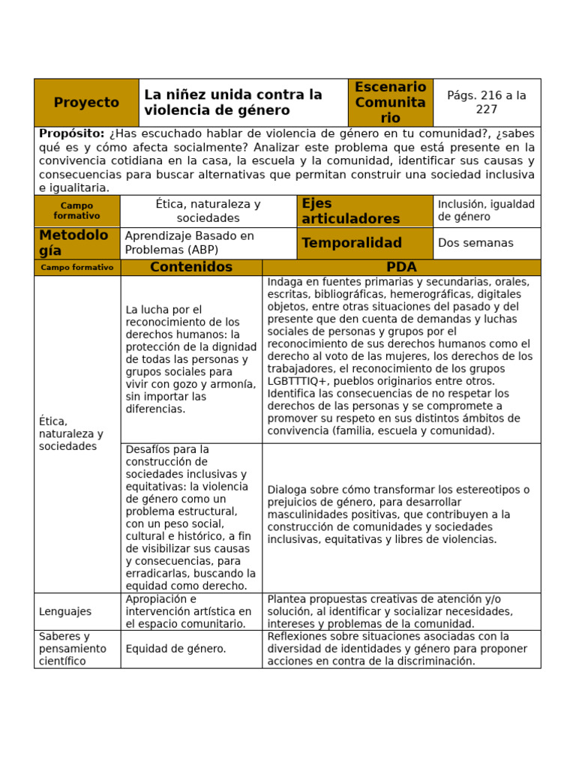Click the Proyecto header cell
point(86,103)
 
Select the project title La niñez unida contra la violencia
point(232,103)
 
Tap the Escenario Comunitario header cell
point(390,103)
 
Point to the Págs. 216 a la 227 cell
point(487,103)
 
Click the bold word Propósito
point(71,133)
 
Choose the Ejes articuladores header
point(350,211)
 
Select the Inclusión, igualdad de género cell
point(486,211)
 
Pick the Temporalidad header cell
point(351,243)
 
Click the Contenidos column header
point(191,268)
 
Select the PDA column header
point(401,268)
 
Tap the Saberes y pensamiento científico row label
point(72,649)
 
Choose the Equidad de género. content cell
point(176,649)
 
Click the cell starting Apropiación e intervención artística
point(189,611)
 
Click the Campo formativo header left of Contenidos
point(77,268)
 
